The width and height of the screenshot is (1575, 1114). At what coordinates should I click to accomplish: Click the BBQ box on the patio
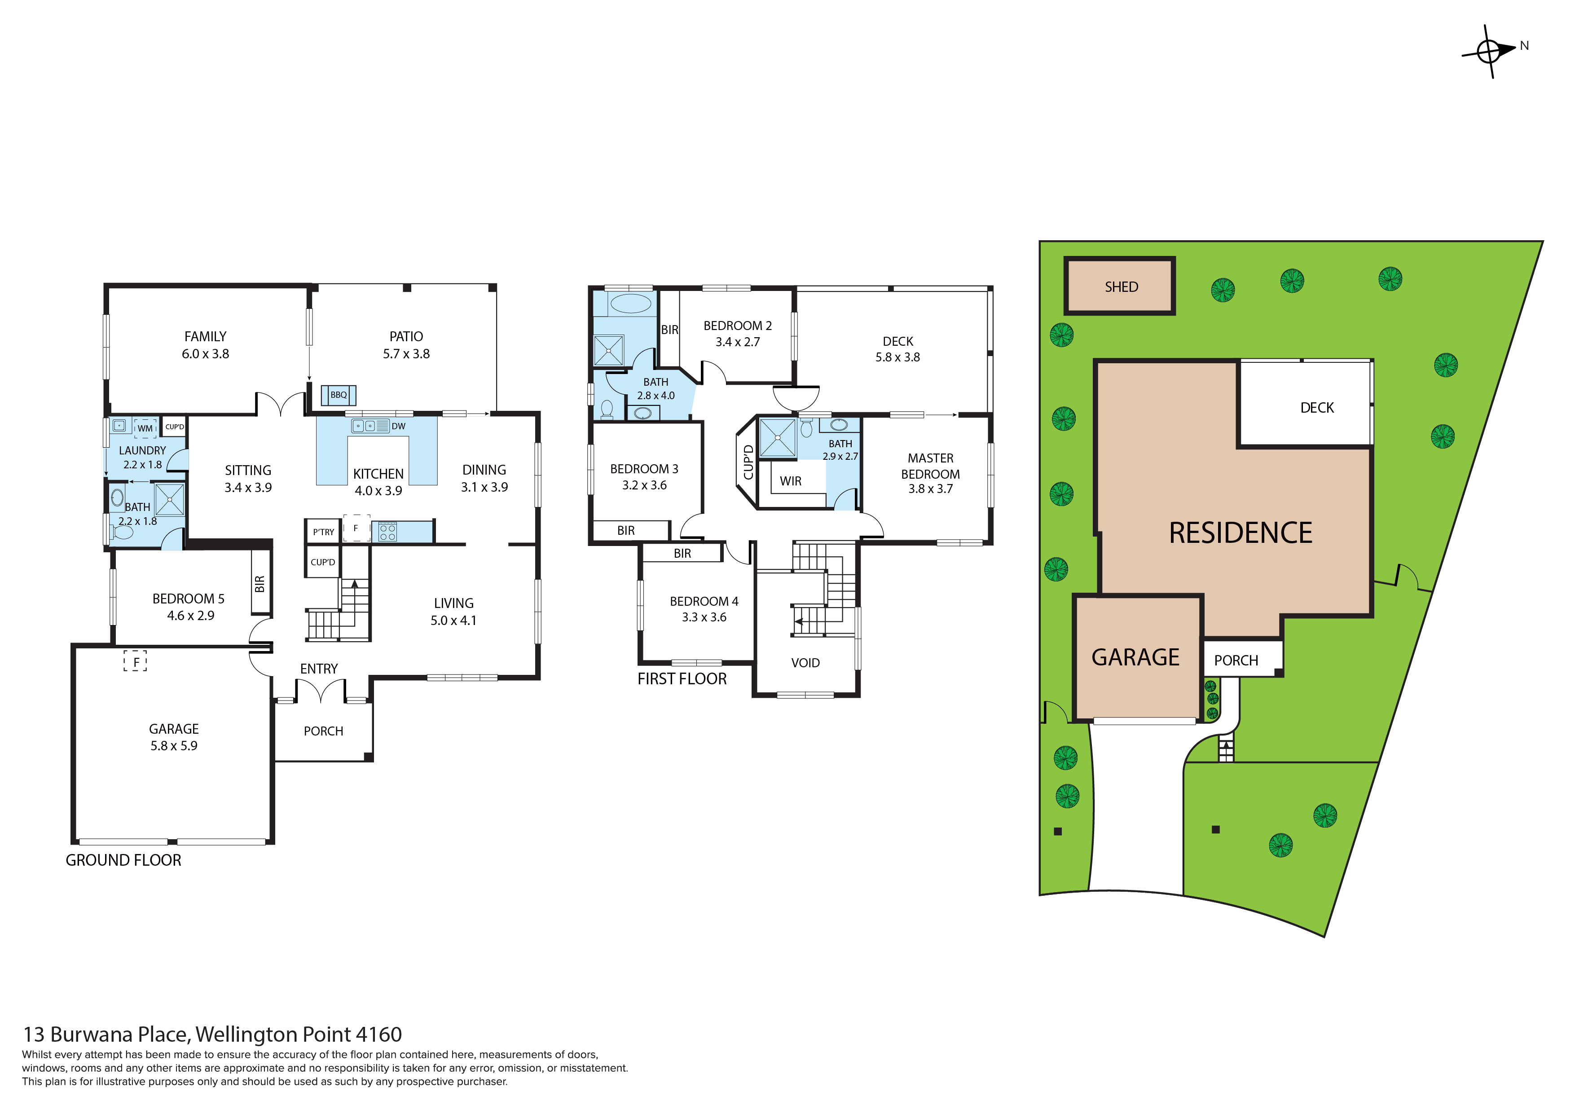coord(338,395)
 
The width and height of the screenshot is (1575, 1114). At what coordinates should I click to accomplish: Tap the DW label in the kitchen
coord(399,426)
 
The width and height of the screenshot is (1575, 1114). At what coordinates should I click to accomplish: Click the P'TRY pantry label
coord(324,532)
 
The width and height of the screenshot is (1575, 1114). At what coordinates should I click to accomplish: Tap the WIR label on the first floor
coord(790,481)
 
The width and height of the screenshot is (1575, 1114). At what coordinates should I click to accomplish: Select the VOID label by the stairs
coord(805,663)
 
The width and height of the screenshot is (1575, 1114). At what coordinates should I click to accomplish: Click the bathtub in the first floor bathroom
coord(630,303)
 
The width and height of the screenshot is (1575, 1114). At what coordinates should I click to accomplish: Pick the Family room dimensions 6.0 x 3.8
coord(205,354)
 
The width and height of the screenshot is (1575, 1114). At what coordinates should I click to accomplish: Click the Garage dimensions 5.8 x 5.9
coord(174,746)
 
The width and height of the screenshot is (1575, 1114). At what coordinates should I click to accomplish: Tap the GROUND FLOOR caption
coord(123,860)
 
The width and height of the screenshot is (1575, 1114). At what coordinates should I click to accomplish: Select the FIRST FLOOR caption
coord(682,678)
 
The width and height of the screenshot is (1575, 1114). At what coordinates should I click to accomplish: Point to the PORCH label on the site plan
coord(1236,660)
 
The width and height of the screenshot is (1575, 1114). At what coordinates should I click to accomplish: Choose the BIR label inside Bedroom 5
coord(260,584)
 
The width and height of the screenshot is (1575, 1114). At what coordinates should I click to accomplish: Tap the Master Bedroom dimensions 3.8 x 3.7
coord(930,489)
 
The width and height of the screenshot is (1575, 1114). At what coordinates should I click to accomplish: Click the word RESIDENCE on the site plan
coord(1240,533)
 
